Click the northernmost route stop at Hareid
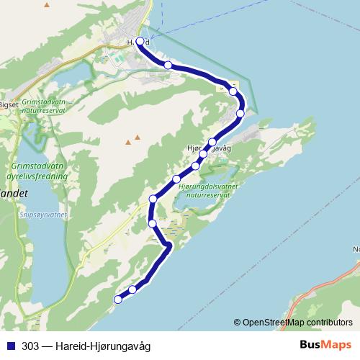(x=140, y=42)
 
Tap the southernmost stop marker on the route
(x=118, y=300)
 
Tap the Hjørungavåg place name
(x=207, y=148)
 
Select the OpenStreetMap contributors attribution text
(x=297, y=322)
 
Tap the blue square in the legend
(x=12, y=345)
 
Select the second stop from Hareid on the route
(x=168, y=66)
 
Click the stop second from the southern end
(x=133, y=289)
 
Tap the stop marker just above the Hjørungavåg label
(x=212, y=142)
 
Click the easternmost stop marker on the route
(x=240, y=113)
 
